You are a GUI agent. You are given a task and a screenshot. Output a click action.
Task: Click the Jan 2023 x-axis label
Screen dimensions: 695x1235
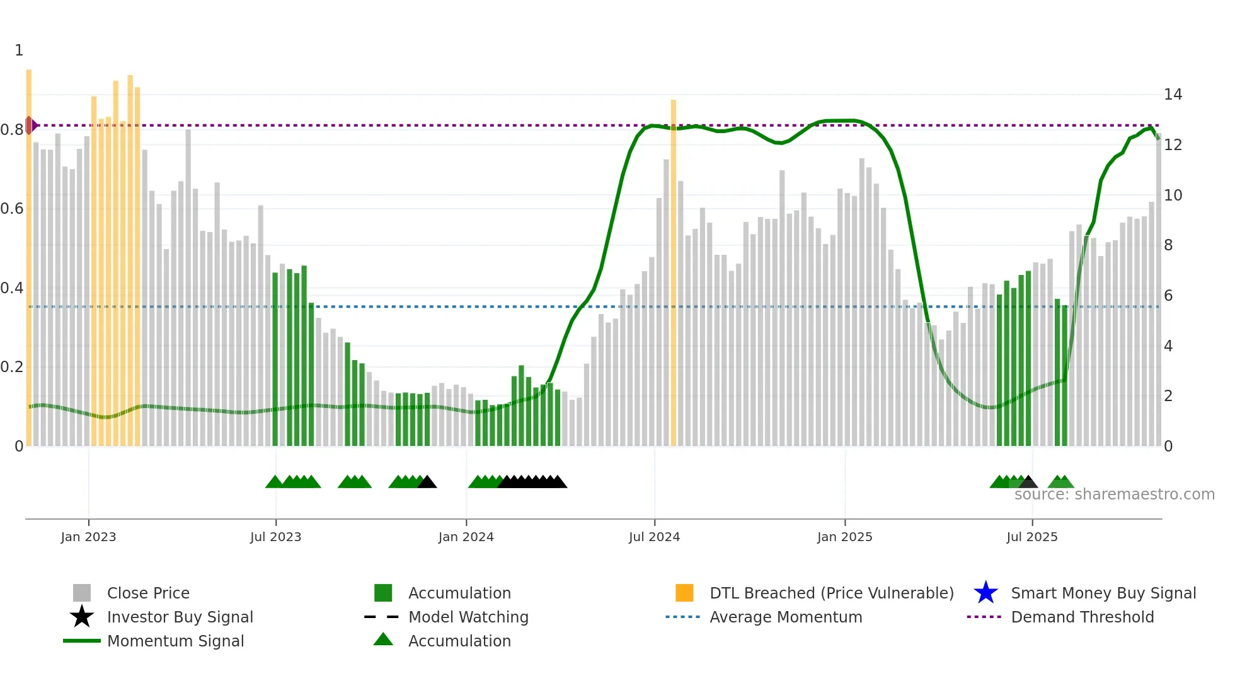pyautogui.click(x=88, y=537)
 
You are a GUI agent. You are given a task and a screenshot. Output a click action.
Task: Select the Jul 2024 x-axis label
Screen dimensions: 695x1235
pyautogui.click(x=654, y=537)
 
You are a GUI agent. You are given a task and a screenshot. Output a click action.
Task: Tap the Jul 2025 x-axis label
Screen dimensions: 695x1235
pyautogui.click(x=1031, y=537)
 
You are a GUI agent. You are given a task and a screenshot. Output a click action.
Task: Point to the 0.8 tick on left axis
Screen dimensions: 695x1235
pyautogui.click(x=12, y=130)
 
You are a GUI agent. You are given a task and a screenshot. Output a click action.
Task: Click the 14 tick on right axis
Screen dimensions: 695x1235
pyautogui.click(x=1173, y=95)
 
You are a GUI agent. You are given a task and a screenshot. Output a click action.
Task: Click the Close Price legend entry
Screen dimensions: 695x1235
pyautogui.click(x=148, y=593)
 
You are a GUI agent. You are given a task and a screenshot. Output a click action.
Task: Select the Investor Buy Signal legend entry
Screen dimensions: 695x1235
pyautogui.click(x=180, y=617)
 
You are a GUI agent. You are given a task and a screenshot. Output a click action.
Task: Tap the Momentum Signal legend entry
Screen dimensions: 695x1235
pyautogui.click(x=175, y=641)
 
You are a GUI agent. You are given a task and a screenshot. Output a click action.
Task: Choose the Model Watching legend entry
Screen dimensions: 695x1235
pyautogui.click(x=468, y=617)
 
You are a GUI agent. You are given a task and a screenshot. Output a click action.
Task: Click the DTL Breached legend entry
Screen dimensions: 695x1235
pyautogui.click(x=831, y=593)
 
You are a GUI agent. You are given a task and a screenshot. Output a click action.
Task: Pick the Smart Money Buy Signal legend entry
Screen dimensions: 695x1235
pyautogui.click(x=1103, y=593)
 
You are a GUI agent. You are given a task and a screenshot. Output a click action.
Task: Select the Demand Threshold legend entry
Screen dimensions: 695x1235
pyautogui.click(x=1082, y=617)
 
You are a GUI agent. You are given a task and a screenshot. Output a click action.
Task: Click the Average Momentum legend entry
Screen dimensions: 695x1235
pyautogui.click(x=785, y=617)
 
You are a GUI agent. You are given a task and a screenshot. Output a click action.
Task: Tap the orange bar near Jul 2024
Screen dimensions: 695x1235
pyautogui.click(x=673, y=271)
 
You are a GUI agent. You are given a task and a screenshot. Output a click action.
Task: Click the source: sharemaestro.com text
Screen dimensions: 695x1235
pyautogui.click(x=1114, y=494)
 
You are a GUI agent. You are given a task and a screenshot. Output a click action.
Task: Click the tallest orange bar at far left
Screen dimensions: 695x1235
pyautogui.click(x=29, y=252)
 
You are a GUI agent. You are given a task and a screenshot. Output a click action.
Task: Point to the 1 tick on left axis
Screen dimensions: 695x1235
pyautogui.click(x=19, y=50)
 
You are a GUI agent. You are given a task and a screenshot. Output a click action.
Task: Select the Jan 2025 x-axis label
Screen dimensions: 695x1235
pyautogui.click(x=844, y=537)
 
